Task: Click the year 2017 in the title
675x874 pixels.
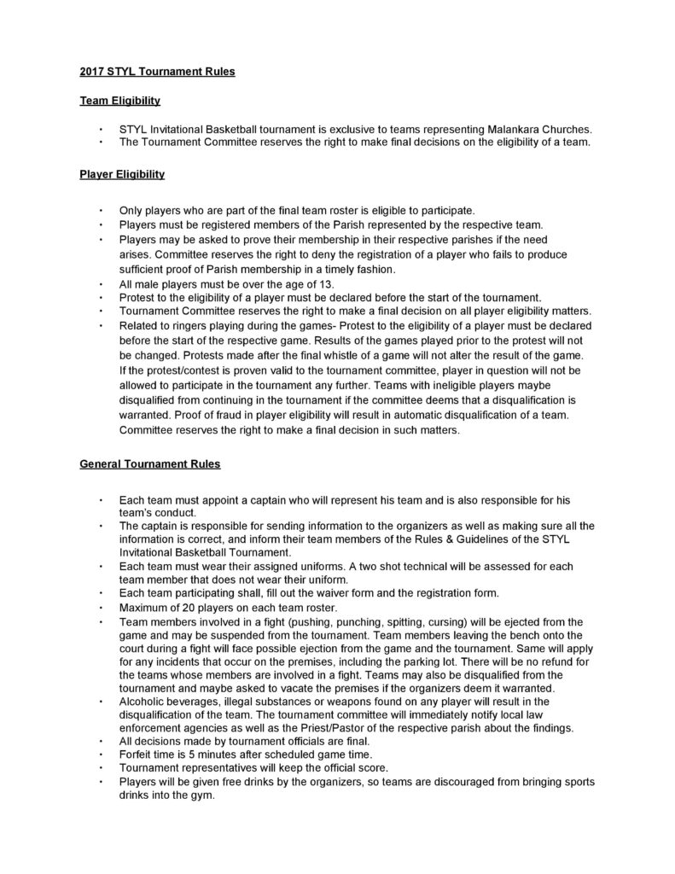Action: [93, 72]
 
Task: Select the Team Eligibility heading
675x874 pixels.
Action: [119, 101]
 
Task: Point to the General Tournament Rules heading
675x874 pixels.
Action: [149, 464]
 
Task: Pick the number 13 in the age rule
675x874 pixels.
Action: [335, 283]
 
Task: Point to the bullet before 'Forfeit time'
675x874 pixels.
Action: [101, 755]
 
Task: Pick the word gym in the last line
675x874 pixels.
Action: [205, 795]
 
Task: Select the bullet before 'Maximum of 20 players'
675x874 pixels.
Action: [101, 607]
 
